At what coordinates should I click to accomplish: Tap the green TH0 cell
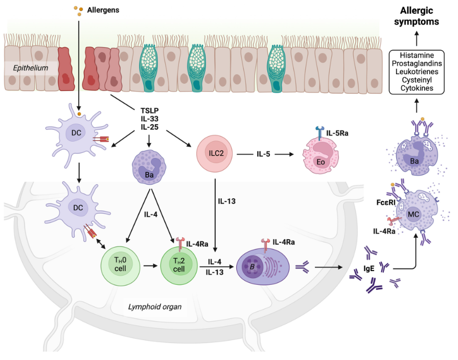[124, 266]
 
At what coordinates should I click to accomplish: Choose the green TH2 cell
[179, 265]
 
